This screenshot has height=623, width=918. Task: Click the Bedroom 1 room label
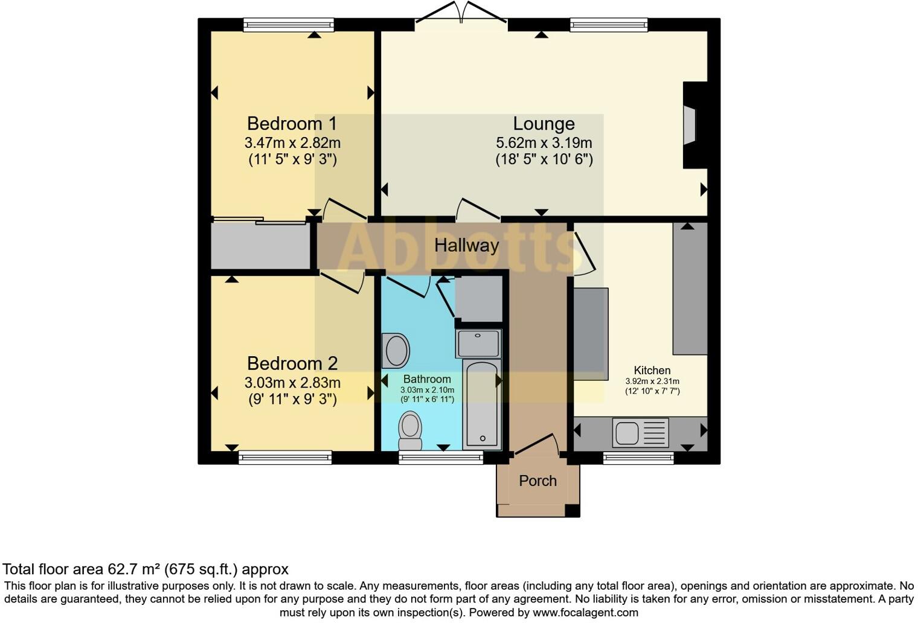[x=292, y=123]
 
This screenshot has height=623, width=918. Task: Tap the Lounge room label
[x=544, y=124]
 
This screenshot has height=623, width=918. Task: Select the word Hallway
[x=466, y=245]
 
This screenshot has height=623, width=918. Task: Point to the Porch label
[x=538, y=481]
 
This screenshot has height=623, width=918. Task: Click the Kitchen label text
[x=652, y=370]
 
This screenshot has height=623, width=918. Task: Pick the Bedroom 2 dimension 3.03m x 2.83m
[x=292, y=383]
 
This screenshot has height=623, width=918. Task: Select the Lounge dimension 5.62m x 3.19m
[x=544, y=142]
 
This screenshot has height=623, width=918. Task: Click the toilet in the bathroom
[x=410, y=430]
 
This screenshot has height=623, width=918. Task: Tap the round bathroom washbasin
[x=396, y=351]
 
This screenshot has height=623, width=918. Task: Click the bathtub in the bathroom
[x=482, y=404]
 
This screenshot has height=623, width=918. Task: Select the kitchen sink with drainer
[x=641, y=432]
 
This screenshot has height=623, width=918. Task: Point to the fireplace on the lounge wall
[x=695, y=125]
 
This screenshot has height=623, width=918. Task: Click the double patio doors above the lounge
[x=461, y=12]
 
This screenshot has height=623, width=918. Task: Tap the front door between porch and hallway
[x=537, y=444]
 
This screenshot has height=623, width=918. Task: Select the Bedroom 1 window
[x=289, y=25]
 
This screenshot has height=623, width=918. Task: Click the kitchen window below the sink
[x=638, y=458]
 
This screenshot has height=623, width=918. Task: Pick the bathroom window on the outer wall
[x=441, y=458]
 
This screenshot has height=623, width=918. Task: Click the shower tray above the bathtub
[x=478, y=343]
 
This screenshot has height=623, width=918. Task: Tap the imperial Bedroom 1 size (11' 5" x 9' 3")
[x=292, y=159]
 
